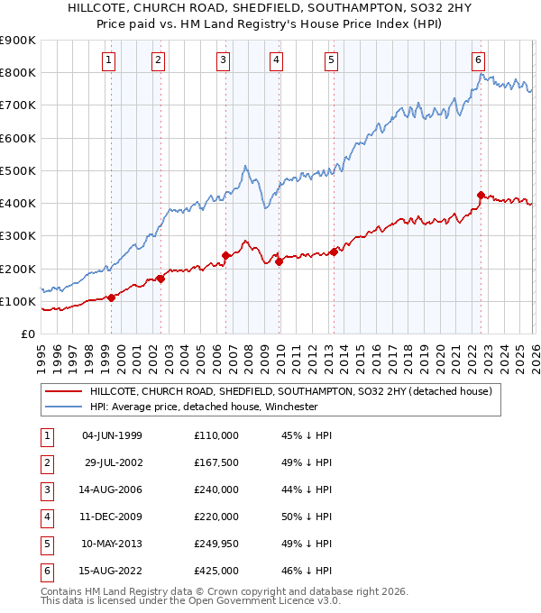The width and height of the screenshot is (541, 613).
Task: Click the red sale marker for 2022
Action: [481, 194]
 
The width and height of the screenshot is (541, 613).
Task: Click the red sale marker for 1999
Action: [111, 297]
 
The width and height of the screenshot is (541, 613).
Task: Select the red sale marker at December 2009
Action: [279, 261]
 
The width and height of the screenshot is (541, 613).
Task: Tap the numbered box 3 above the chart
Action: [223, 60]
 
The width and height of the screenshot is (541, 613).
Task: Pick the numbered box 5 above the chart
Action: [332, 60]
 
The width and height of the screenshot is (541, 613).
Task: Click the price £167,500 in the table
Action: [215, 462]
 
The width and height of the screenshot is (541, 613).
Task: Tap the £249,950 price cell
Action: [215, 544]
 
